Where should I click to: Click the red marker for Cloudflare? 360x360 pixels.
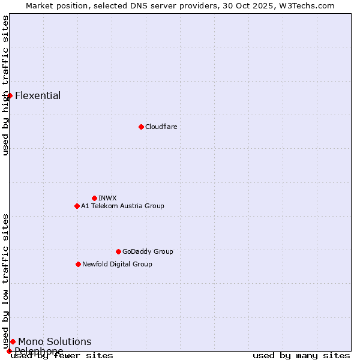point(141,127)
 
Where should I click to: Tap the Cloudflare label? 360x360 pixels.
point(161,127)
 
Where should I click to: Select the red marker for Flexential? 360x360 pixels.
point(10,95)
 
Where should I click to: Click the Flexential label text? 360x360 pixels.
point(38,96)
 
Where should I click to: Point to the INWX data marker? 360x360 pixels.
point(94,198)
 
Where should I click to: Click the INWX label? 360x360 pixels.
point(107,198)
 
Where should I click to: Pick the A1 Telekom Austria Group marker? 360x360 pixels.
point(77,206)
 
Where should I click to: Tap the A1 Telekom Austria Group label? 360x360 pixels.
point(122,206)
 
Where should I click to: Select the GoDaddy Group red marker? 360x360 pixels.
point(118,251)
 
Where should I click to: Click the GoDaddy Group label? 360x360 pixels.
point(148,251)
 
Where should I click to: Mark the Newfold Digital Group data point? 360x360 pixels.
point(78,264)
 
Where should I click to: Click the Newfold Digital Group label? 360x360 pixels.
point(117,264)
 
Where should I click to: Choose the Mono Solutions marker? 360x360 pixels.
point(13,341)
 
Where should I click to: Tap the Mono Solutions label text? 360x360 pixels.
point(55,342)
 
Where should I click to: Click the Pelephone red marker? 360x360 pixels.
point(9,351)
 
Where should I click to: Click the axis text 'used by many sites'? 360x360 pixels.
point(301,356)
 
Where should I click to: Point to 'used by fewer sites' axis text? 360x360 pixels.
point(62,356)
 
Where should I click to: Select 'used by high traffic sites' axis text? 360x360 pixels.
point(5,85)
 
